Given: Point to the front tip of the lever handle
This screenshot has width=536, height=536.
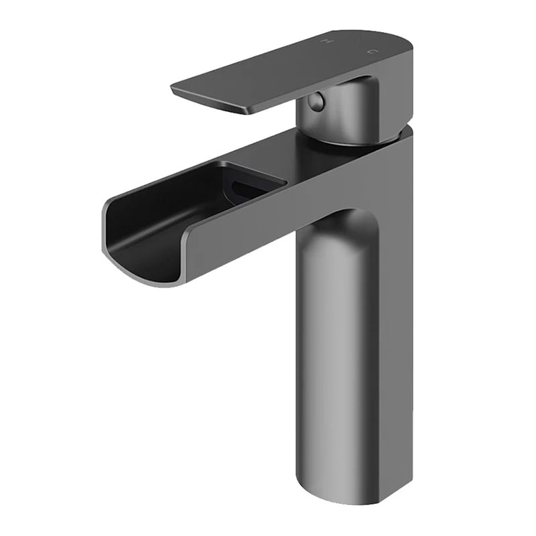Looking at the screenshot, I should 176,89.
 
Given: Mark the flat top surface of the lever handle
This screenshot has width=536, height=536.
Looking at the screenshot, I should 281,70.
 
